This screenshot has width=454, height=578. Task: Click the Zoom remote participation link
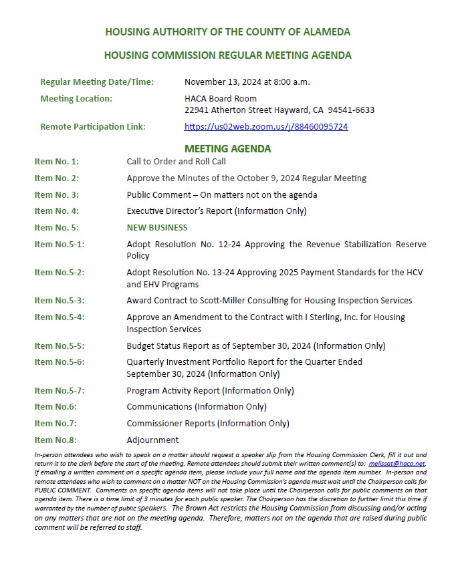tap(265, 126)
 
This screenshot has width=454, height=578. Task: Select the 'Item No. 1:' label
tap(57, 162)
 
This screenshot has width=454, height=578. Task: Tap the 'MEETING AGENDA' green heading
tap(227, 148)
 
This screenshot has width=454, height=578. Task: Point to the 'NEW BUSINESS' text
tap(157, 227)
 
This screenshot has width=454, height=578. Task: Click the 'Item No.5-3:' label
tap(60, 301)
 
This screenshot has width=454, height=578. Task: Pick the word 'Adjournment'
tap(152, 440)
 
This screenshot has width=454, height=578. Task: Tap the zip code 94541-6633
tap(352, 110)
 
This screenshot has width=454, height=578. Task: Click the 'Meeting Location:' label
tap(76, 99)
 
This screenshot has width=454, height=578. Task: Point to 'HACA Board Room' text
tap(220, 99)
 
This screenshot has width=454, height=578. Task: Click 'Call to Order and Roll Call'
tap(176, 162)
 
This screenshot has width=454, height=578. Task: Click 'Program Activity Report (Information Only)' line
tap(210, 391)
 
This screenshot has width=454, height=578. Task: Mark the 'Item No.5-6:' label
tap(60, 362)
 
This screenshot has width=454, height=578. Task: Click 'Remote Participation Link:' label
tap(93, 126)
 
